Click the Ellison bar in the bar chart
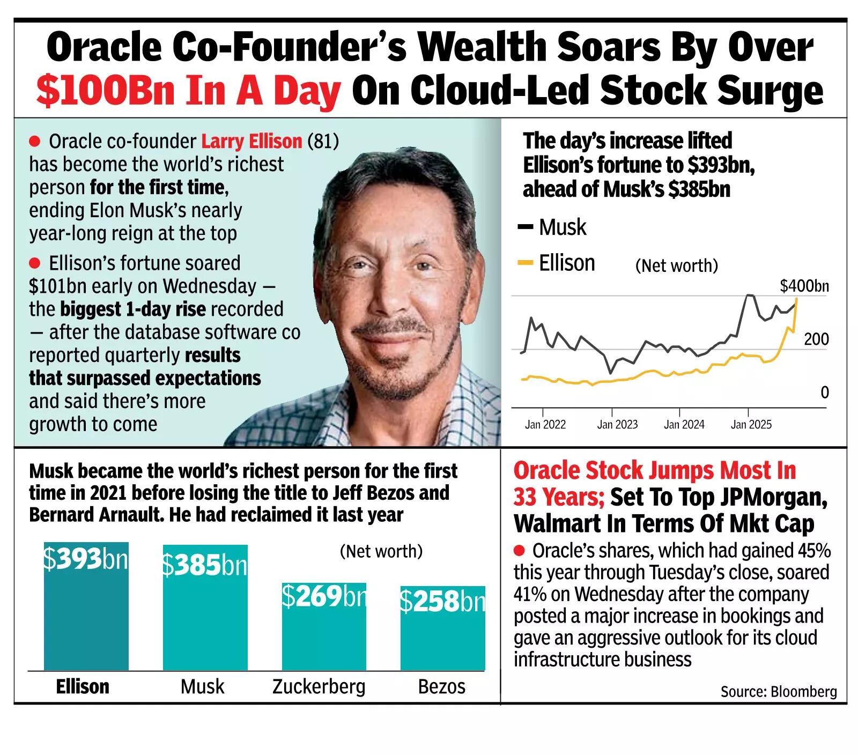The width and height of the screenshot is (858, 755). [86, 611]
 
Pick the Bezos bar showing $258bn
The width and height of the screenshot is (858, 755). [442, 633]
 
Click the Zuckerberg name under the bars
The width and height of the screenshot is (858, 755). [319, 686]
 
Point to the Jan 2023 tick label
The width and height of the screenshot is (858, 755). [617, 424]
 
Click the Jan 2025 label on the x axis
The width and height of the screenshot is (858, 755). [751, 424]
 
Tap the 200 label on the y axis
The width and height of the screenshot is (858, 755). [816, 339]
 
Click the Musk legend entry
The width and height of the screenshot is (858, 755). [552, 227]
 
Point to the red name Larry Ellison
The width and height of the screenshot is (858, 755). [252, 141]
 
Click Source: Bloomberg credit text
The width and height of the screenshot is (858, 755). [778, 691]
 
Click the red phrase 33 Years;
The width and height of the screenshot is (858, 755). [558, 497]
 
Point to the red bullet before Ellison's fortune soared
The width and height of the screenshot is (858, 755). [35, 263]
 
